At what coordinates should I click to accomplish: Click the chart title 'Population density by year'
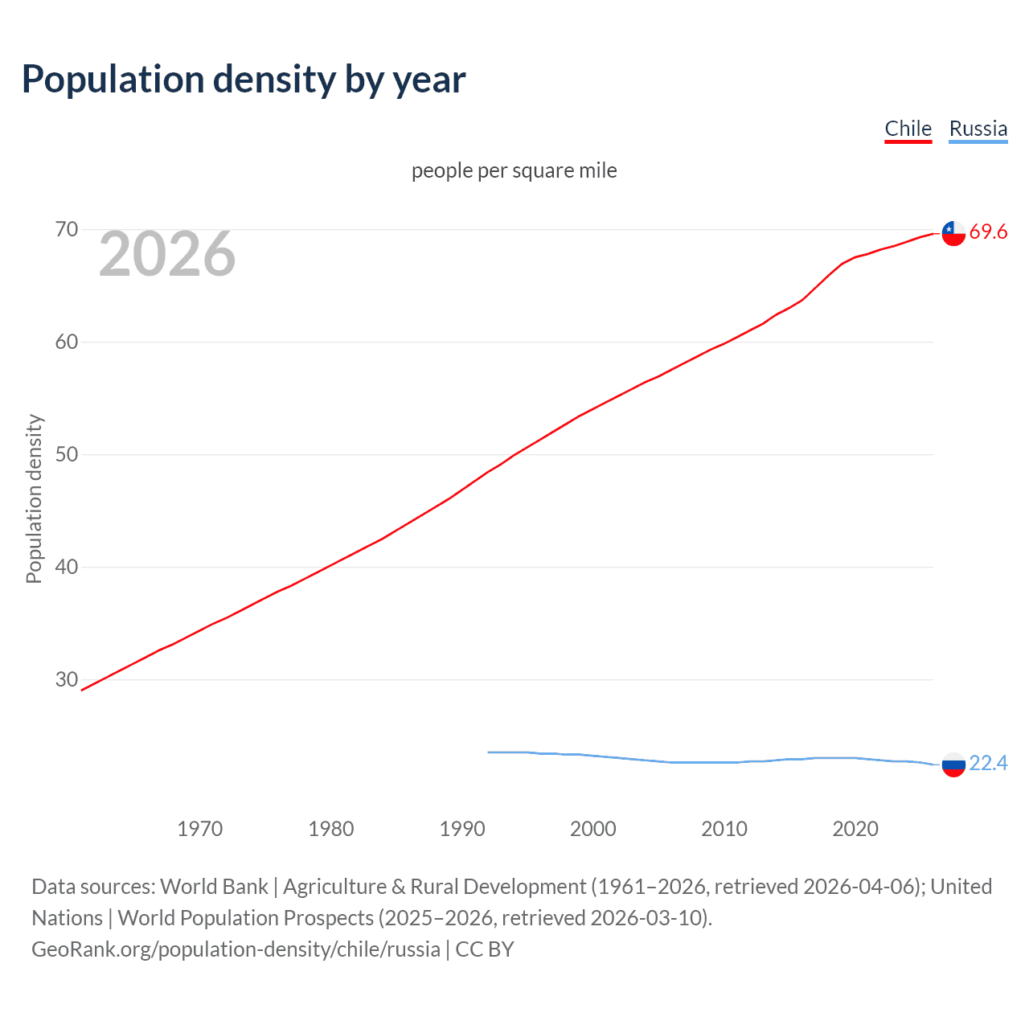pos(244,80)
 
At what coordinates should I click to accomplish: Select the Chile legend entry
pos(908,129)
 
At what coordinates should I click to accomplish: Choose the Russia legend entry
pos(978,129)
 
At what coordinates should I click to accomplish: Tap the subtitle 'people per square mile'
pos(514,170)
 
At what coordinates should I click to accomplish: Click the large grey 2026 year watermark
pos(167,254)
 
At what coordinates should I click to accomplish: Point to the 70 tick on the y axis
pos(67,230)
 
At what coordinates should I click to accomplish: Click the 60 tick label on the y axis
pos(67,342)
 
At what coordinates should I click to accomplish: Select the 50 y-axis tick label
pos(67,455)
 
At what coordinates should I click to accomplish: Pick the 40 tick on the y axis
pos(67,568)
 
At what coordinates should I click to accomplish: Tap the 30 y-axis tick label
pos(67,680)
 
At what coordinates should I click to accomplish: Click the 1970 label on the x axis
pos(199,829)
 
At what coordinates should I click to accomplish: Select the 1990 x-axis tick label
pos(461,829)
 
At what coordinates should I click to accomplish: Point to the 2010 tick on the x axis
pos(724,829)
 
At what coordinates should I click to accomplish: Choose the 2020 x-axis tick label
pos(855,829)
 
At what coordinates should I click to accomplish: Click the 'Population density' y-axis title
pos(34,498)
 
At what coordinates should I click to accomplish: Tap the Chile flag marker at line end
pos(953,233)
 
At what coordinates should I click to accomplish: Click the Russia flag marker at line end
pos(953,765)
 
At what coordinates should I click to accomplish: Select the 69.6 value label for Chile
pos(988,232)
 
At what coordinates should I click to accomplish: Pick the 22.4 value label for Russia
pos(988,763)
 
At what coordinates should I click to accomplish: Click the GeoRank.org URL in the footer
pos(236,949)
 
